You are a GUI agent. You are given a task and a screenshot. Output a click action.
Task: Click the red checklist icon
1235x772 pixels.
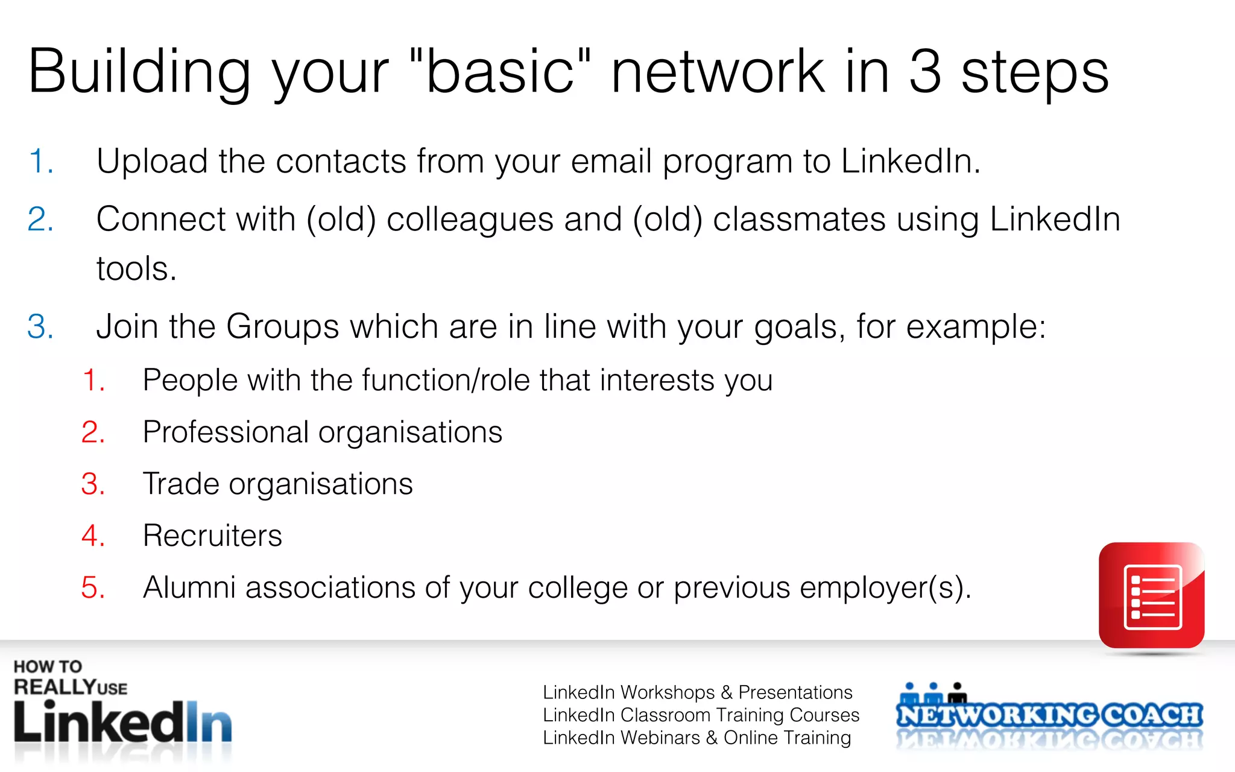tap(1151, 595)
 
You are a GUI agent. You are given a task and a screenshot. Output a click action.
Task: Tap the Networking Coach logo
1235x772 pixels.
tap(1049, 715)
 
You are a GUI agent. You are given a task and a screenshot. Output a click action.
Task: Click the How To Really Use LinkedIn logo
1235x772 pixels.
tap(122, 706)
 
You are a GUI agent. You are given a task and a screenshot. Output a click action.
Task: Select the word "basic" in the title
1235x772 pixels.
tap(500, 72)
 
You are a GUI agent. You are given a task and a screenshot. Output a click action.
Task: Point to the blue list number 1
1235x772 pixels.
tap(40, 162)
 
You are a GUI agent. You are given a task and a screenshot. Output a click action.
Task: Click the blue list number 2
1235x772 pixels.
tap(40, 219)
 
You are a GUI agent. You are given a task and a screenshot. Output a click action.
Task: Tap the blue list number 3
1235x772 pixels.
tap(40, 326)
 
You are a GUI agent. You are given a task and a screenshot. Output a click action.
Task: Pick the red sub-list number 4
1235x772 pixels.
tap(93, 536)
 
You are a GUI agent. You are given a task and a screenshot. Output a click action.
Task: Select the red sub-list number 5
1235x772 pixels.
tap(93, 587)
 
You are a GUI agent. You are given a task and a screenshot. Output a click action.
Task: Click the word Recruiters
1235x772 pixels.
tap(212, 536)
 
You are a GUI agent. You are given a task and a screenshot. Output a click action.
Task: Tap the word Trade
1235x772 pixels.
tap(181, 484)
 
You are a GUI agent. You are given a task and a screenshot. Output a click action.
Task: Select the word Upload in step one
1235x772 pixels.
tap(152, 162)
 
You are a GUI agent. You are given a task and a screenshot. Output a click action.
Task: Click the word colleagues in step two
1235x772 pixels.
tap(470, 220)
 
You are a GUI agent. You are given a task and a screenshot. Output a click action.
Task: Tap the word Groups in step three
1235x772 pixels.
tap(282, 326)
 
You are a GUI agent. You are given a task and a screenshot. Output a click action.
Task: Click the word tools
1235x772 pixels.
tap(136, 268)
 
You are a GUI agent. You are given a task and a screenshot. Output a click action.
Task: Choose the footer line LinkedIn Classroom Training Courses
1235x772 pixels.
tap(701, 715)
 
